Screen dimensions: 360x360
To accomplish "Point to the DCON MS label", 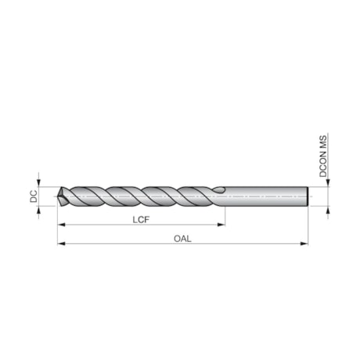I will tap(323, 157).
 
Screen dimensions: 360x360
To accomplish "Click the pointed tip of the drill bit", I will tap(59, 197).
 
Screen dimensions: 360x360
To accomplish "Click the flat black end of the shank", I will tap(312, 197).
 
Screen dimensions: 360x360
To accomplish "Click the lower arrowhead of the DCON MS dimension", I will tap(327, 210).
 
